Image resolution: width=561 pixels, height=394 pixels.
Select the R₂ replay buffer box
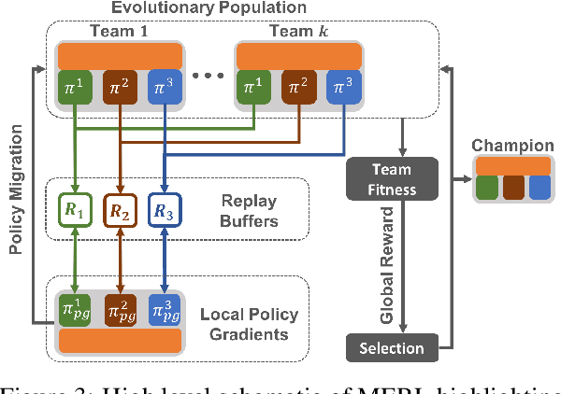click(120, 211)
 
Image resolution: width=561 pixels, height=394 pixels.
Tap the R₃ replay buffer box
click(165, 211)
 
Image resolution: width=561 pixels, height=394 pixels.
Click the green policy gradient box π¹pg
click(75, 309)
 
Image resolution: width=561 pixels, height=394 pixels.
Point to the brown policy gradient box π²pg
click(120, 309)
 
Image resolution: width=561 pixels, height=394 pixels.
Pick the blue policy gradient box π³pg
click(165, 309)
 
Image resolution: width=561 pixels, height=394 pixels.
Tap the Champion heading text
click(512, 146)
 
